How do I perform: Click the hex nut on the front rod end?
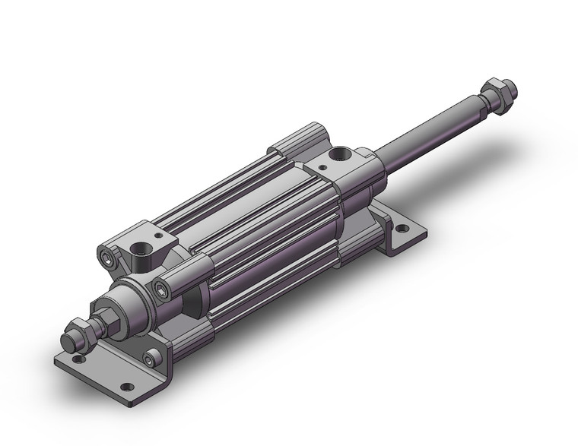tap(76, 331)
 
